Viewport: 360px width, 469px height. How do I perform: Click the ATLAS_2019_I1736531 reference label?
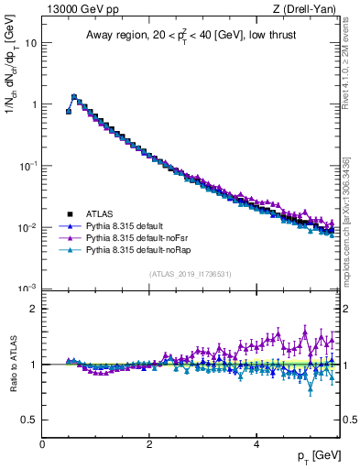[x=191, y=275]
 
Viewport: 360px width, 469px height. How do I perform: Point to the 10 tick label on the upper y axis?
[x=30, y=43]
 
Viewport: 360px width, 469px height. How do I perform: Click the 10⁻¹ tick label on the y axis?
[x=27, y=166]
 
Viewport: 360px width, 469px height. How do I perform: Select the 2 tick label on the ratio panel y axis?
[x=33, y=309]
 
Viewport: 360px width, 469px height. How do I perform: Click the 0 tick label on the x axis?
[x=42, y=444]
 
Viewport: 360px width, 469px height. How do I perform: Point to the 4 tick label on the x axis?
[x=256, y=444]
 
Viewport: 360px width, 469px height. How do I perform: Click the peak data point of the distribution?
[x=74, y=96]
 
